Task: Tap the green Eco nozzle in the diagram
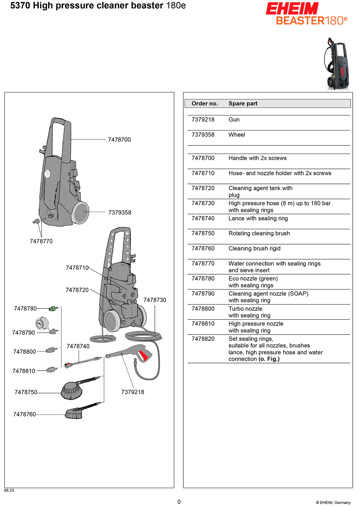pyautogui.click(x=54, y=308)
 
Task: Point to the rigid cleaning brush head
pyautogui.click(x=74, y=414)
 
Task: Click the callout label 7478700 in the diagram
pyautogui.click(x=119, y=139)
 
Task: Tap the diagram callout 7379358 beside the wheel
pyautogui.click(x=120, y=212)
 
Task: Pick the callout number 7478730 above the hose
pyautogui.click(x=154, y=300)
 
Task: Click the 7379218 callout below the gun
pyautogui.click(x=133, y=392)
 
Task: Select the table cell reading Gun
pyautogui.click(x=234, y=119)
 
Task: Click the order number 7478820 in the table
pyautogui.click(x=203, y=339)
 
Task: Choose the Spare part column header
pyautogui.click(x=243, y=103)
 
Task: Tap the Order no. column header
pyautogui.click(x=205, y=103)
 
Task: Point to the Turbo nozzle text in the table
pyautogui.click(x=245, y=309)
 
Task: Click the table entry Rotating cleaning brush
pyautogui.click(x=259, y=233)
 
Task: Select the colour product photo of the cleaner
pyautogui.click(x=337, y=64)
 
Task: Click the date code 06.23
pyautogui.click(x=9, y=490)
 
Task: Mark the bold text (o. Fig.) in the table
pyautogui.click(x=269, y=359)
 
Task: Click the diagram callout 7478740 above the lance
pyautogui.click(x=78, y=346)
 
